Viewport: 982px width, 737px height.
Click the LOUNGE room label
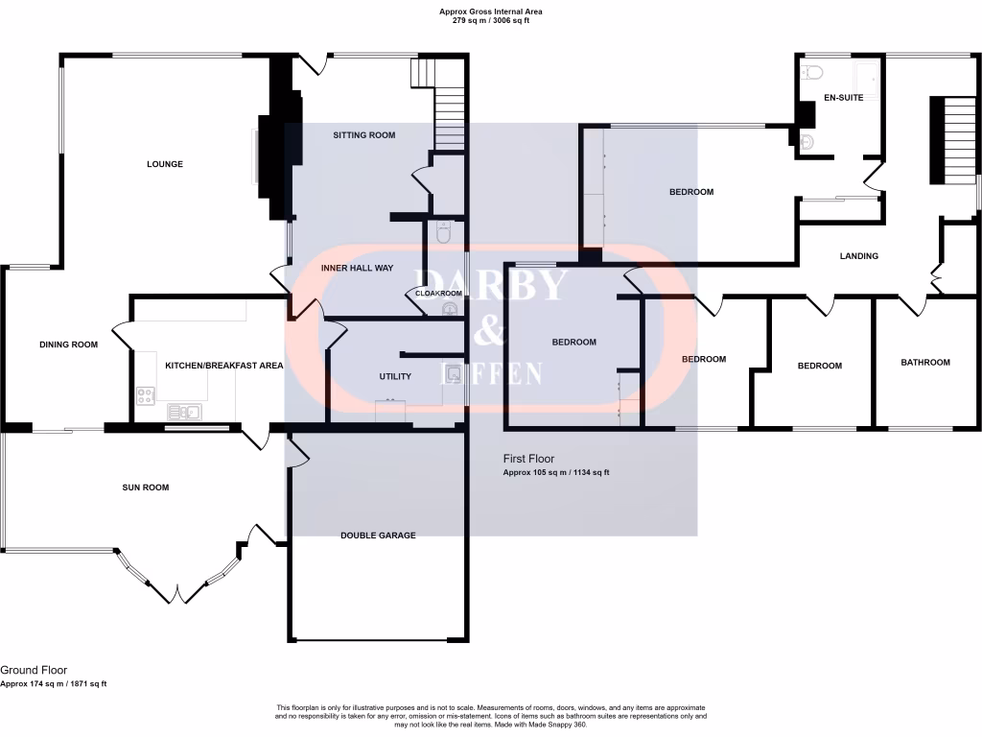pyautogui.click(x=165, y=164)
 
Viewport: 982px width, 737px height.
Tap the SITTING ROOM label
pyautogui.click(x=363, y=135)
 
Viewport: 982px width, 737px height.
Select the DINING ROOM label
pyautogui.click(x=68, y=345)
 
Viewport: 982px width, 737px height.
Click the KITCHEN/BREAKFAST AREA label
pyautogui.click(x=223, y=366)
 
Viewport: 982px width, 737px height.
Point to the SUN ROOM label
pyautogui.click(x=145, y=487)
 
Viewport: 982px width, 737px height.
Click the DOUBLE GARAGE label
pyautogui.click(x=378, y=535)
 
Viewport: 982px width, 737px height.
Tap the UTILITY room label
pyautogui.click(x=394, y=376)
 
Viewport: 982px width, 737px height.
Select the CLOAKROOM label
pyautogui.click(x=438, y=294)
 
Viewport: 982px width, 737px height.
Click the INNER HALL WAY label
pyautogui.click(x=357, y=269)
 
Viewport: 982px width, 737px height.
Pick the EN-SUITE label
pyautogui.click(x=844, y=98)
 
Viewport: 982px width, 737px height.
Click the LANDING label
pyautogui.click(x=858, y=256)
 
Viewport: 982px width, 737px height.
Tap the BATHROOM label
pyautogui.click(x=924, y=363)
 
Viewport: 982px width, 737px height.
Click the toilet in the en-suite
pyautogui.click(x=813, y=70)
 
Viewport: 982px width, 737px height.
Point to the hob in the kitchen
pyautogui.click(x=147, y=392)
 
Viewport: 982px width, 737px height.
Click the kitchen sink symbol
pyautogui.click(x=182, y=413)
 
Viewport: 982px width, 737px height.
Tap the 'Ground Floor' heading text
pyautogui.click(x=34, y=670)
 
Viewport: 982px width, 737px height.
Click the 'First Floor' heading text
pyautogui.click(x=528, y=459)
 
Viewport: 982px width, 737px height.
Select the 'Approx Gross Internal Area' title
pyautogui.click(x=490, y=12)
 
